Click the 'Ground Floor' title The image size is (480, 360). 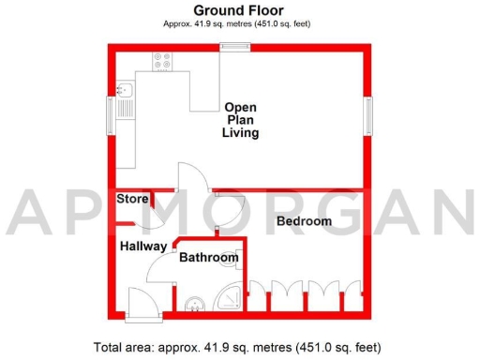239,10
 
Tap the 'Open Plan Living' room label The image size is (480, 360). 240,120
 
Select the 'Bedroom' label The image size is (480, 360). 304,221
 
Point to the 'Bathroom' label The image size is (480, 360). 208,257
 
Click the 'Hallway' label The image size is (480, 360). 142,247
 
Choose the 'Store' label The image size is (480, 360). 132,199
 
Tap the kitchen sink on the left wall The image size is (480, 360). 126,92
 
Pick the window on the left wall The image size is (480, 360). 111,116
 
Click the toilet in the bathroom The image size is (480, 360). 194,304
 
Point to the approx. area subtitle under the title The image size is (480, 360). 239,24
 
